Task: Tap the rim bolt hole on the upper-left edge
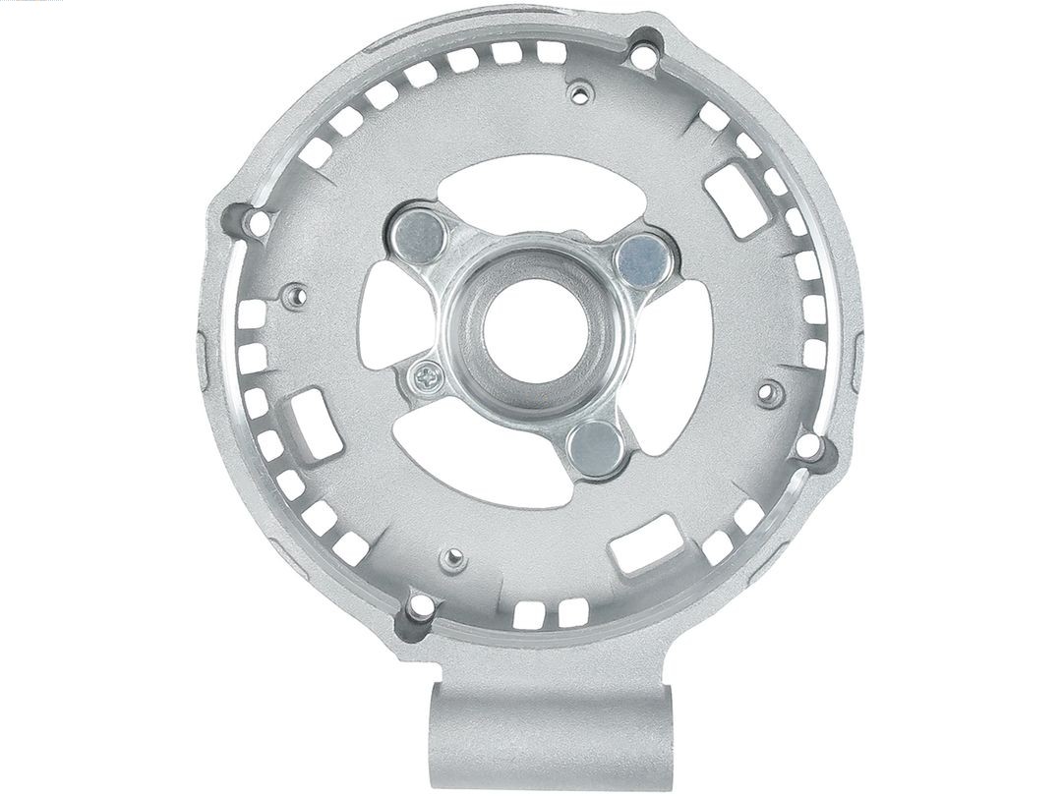[258, 224]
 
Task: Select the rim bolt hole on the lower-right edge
[808, 446]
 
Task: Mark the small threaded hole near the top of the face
[580, 94]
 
